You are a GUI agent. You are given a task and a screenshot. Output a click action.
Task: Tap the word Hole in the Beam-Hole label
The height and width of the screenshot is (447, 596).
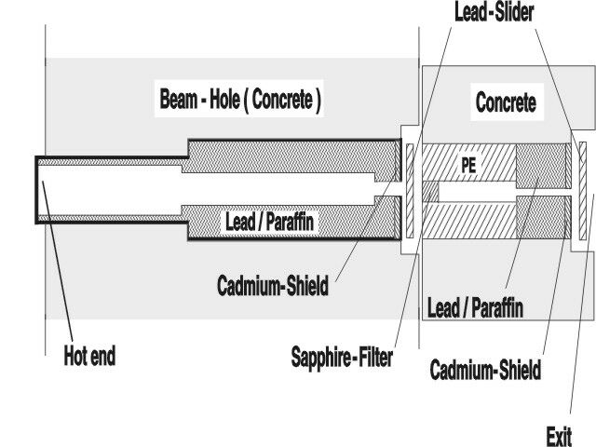(211, 101)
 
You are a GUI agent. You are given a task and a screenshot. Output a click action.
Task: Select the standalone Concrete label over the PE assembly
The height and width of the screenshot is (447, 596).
(506, 102)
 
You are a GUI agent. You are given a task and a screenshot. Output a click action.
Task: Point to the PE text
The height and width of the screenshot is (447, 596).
(470, 164)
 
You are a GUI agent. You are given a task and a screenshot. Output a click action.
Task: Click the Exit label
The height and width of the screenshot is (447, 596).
(559, 435)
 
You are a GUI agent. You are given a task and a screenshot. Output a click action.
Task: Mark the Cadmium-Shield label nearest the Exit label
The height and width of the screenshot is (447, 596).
(484, 371)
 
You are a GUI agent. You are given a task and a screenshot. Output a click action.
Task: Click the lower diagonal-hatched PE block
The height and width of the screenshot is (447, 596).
(466, 219)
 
